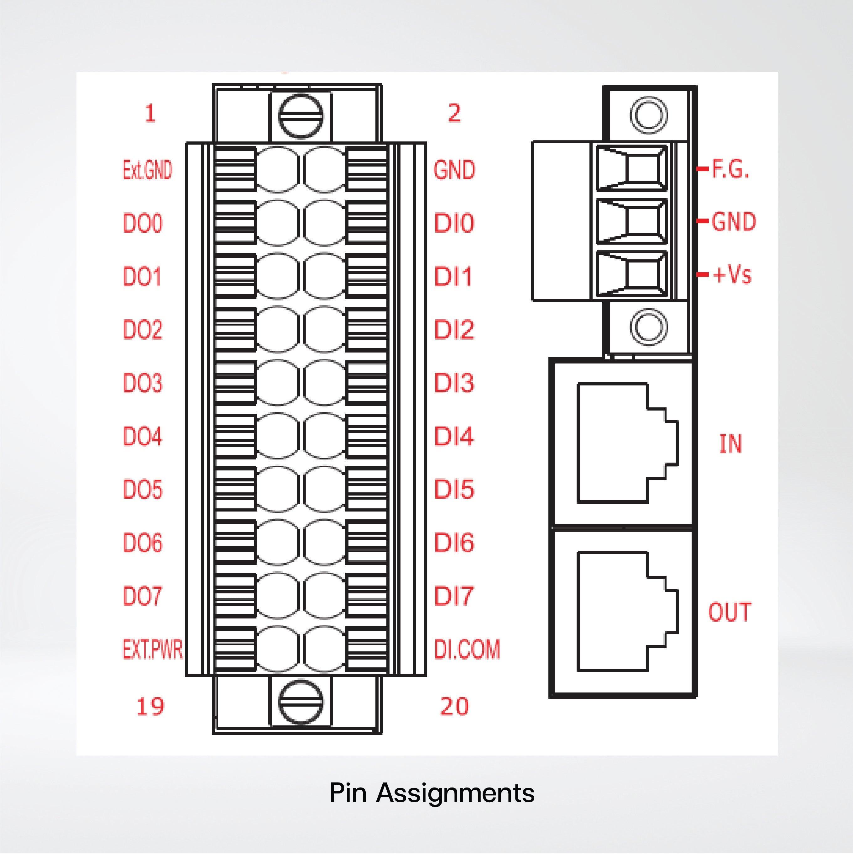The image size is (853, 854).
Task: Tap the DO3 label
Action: tap(142, 383)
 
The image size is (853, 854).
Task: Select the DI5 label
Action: tap(454, 489)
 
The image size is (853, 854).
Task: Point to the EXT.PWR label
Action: tap(152, 649)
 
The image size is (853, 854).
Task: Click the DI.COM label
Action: tap(467, 649)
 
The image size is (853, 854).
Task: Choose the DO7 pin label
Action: tap(142, 596)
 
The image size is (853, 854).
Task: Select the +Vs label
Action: tap(732, 274)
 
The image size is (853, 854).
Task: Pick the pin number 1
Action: tap(150, 114)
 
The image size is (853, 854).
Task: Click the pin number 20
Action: tap(454, 706)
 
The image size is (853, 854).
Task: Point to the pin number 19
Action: tap(150, 706)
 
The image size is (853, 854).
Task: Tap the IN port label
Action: tap(730, 444)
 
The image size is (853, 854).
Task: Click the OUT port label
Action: tap(730, 612)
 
